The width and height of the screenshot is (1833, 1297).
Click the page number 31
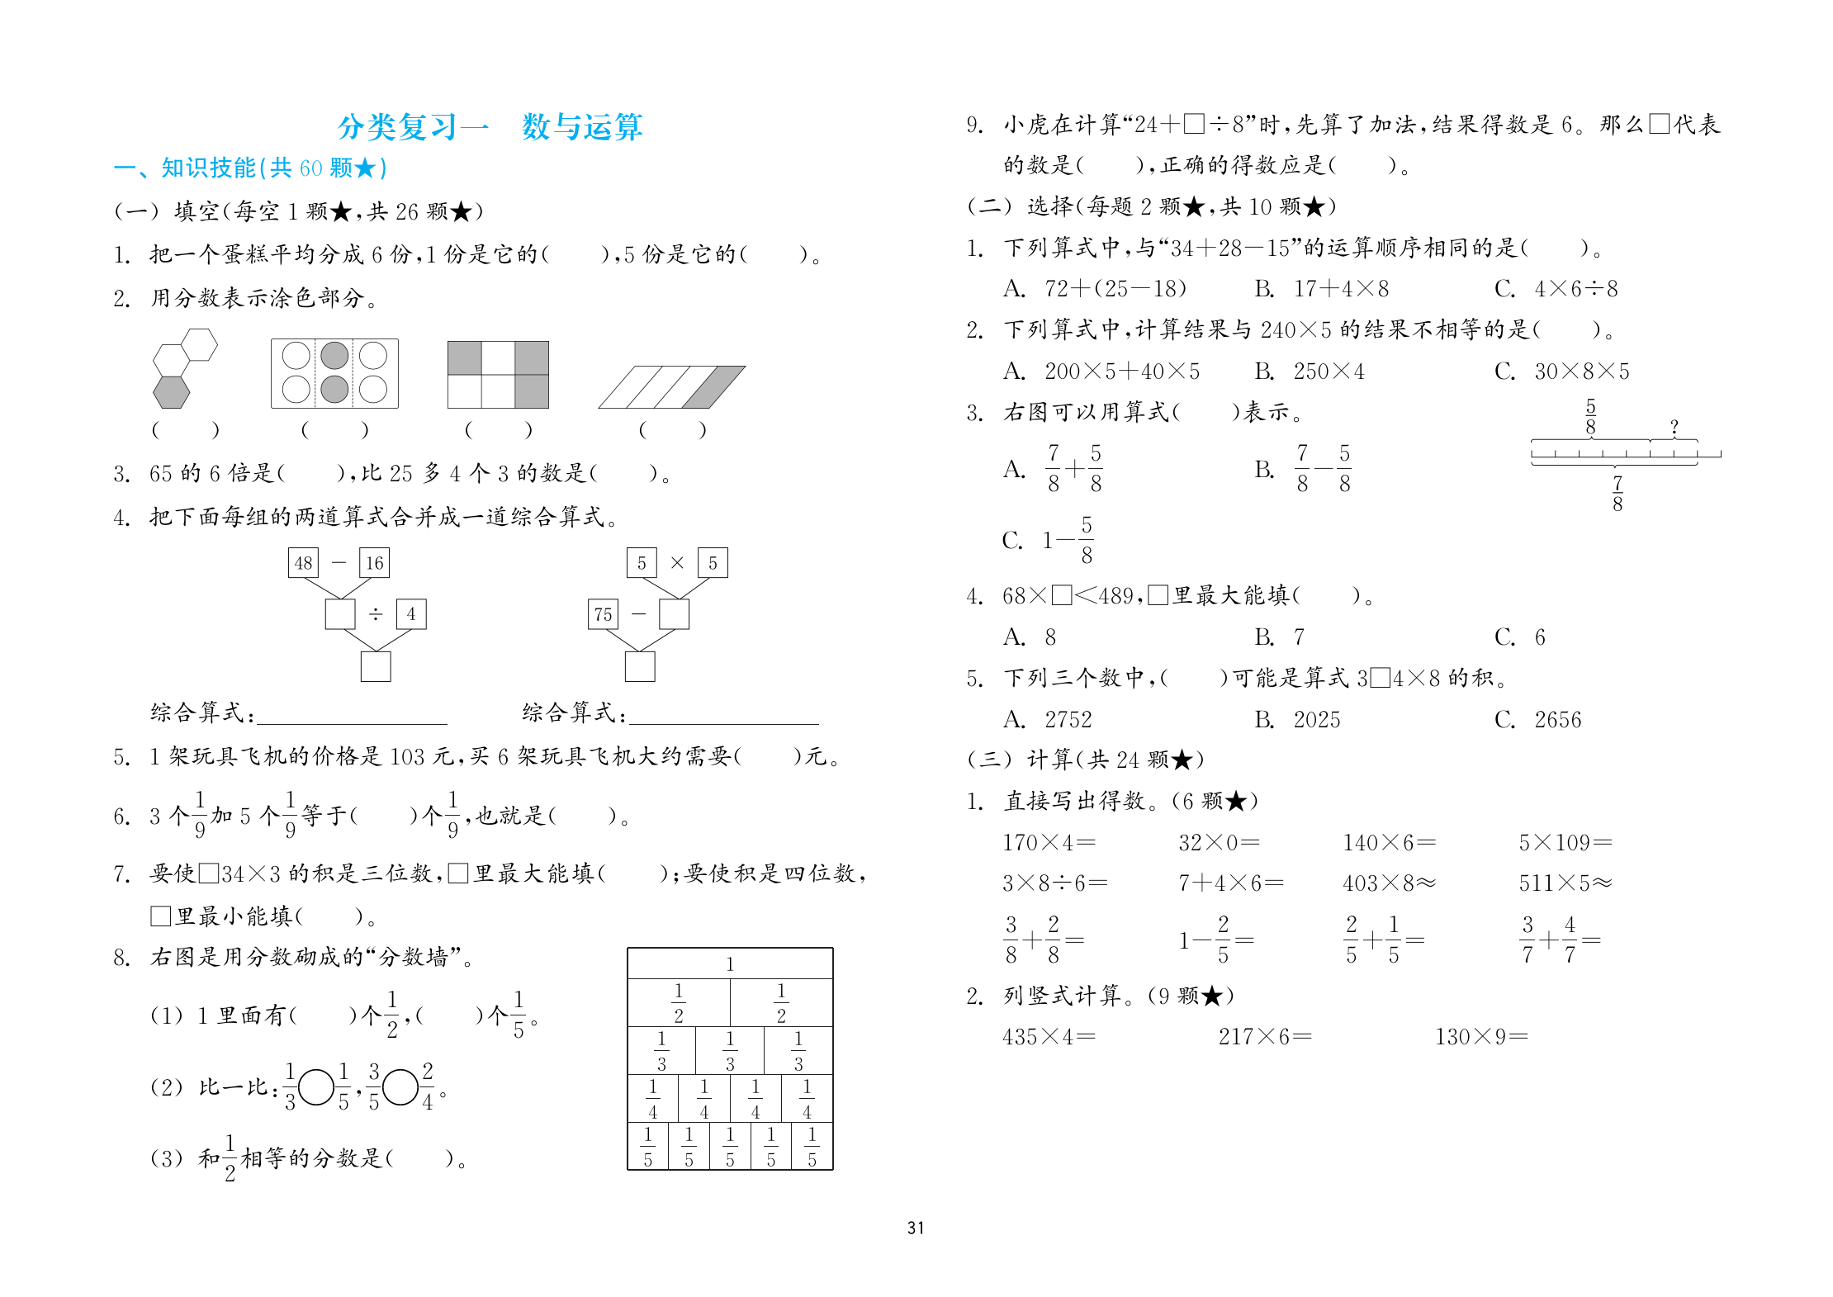(915, 1228)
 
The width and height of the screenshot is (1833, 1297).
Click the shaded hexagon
(172, 392)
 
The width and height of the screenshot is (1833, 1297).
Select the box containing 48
(303, 563)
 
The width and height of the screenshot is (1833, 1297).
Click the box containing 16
(374, 563)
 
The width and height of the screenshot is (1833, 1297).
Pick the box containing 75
(603, 614)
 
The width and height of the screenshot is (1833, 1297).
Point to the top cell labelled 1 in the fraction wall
(730, 963)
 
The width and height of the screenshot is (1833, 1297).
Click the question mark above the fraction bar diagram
(1674, 427)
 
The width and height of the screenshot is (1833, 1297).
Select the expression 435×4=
(1049, 1036)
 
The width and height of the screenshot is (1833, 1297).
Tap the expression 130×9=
(1481, 1036)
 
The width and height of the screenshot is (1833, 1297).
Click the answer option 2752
(1068, 720)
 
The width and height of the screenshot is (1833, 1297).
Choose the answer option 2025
(1316, 720)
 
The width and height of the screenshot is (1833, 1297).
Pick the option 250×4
(1329, 372)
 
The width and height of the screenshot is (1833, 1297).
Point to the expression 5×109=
(1565, 842)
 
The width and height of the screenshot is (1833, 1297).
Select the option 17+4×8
(1341, 289)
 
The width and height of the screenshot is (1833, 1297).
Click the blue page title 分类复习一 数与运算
(490, 127)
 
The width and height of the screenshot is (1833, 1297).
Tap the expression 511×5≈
(1565, 883)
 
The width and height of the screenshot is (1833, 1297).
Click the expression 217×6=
(1265, 1036)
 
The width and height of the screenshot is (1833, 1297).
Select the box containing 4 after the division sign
(411, 614)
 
